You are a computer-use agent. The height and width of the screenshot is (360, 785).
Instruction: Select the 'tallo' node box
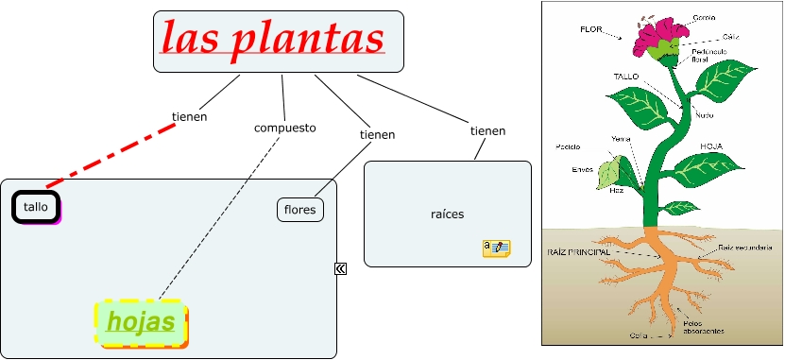[35, 207]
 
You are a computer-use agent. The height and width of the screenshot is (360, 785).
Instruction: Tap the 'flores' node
[300, 209]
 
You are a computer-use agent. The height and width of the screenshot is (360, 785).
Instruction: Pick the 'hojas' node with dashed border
[142, 322]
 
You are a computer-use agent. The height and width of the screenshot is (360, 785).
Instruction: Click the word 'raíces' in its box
[447, 214]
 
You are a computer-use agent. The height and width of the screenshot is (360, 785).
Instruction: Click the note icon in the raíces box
[496, 249]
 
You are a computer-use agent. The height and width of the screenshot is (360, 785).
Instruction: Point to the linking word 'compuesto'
[284, 128]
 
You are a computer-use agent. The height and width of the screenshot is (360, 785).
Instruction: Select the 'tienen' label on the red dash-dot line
[189, 117]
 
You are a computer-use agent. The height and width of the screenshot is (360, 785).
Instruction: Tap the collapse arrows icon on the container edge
[340, 268]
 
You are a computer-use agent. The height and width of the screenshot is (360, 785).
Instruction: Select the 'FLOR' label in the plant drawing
[591, 29]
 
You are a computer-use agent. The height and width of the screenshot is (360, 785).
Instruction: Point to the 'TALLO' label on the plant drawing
[626, 76]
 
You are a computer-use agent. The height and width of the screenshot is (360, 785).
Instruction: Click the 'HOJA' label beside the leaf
[711, 146]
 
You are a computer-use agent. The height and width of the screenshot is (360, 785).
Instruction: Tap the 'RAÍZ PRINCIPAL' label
[578, 252]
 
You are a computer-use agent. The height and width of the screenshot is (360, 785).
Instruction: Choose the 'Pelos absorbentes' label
[704, 327]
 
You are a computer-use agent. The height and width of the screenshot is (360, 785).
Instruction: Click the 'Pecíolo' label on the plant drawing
[568, 146]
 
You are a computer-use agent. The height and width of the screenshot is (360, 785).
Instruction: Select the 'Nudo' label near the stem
[704, 114]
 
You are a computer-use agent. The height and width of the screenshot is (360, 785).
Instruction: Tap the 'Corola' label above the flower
[703, 17]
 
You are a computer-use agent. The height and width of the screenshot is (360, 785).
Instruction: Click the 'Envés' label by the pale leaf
[582, 170]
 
